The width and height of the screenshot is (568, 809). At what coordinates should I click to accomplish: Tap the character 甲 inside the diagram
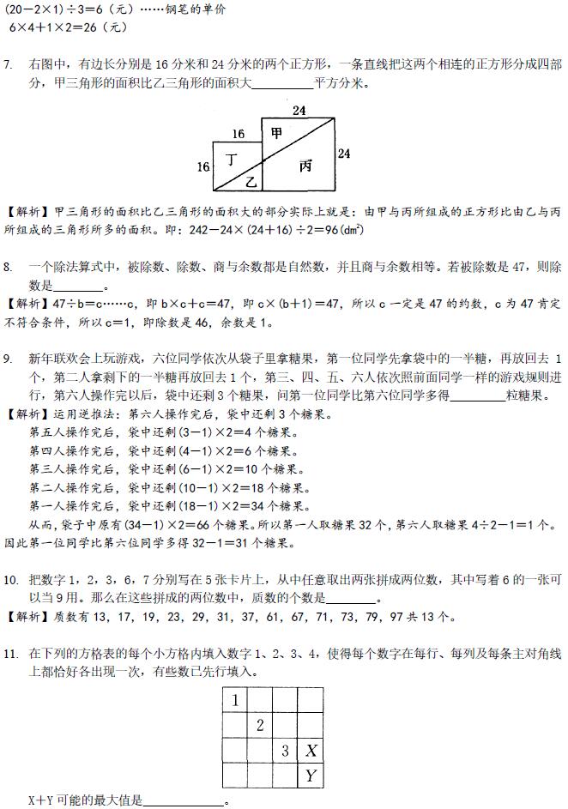tap(276, 132)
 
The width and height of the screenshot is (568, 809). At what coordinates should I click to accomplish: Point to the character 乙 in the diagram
tap(251, 181)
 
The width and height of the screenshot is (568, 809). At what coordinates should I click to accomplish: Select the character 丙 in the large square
tap(305, 166)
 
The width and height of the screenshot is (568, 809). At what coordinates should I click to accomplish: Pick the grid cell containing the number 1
tap(235, 700)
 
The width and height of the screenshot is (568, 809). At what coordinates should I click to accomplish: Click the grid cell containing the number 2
tap(260, 726)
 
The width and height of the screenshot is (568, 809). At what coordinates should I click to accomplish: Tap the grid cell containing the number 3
tap(285, 752)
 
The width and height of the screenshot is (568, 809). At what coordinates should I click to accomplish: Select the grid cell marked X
tap(311, 752)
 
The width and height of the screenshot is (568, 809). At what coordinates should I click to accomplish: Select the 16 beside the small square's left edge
tap(203, 166)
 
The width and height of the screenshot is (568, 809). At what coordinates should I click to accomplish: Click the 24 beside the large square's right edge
tap(344, 154)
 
